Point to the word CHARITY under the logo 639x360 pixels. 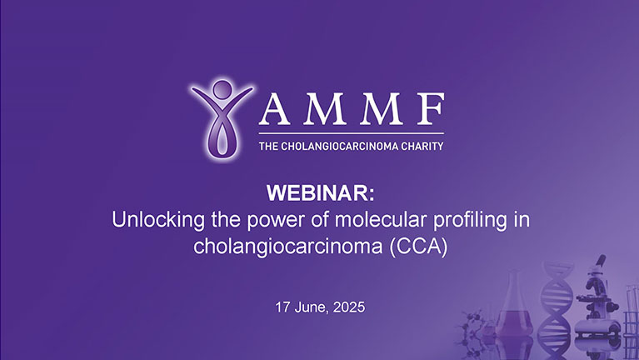tap(420, 146)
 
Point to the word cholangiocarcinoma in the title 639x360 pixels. tap(287, 247)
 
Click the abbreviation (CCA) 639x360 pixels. tap(416, 247)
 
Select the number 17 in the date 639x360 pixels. tap(283, 307)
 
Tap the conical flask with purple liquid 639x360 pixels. tap(515, 321)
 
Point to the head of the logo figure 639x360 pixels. tap(221, 89)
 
